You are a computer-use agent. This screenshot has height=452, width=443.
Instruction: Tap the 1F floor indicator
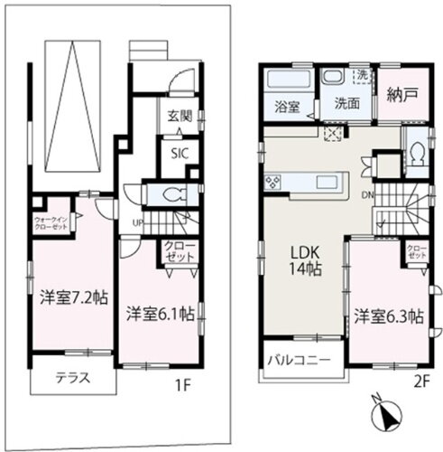pyautogui.click(x=183, y=382)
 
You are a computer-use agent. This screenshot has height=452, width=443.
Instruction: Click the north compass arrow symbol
pyautogui.click(x=389, y=417)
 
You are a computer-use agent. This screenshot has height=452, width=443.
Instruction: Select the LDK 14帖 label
pyautogui.click(x=301, y=259)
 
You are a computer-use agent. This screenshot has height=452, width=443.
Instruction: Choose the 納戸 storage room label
pyautogui.click(x=399, y=95)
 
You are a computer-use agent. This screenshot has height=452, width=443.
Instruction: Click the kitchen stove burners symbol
pyautogui.click(x=274, y=184)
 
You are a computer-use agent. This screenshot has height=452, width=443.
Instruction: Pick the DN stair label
pyautogui.click(x=368, y=194)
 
